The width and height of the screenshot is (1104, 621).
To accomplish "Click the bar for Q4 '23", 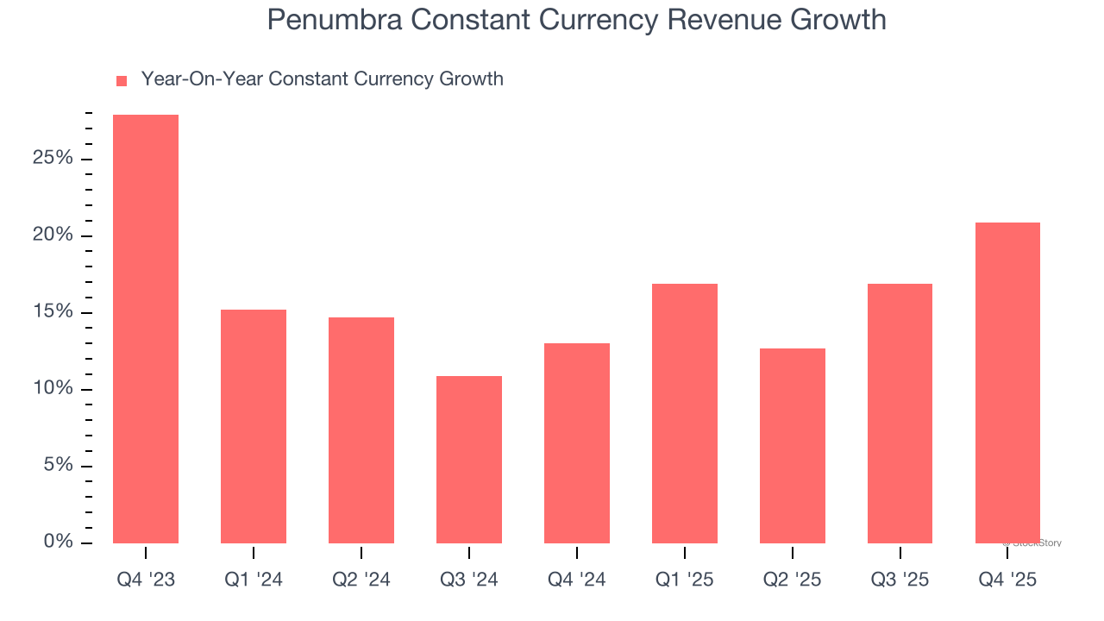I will tap(146, 329).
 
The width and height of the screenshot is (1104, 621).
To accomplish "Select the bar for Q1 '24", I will tap(254, 426).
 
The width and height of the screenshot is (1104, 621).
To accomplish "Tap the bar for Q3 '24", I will tap(469, 460).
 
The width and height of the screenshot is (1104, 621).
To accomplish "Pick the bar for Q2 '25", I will tap(793, 446).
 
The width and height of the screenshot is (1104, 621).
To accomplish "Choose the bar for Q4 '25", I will tap(1007, 383).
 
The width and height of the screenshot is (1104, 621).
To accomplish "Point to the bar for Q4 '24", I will tap(577, 443).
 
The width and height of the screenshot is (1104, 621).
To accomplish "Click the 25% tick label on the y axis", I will tap(53, 159).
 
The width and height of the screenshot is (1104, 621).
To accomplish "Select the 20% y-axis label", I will tap(53, 235).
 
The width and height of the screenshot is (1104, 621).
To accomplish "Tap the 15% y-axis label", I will tap(53, 312).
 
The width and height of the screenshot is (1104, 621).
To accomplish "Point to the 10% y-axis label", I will tap(53, 389).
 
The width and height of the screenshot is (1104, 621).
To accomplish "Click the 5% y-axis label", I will tap(58, 466).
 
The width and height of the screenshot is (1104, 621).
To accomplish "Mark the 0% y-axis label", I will tap(58, 542).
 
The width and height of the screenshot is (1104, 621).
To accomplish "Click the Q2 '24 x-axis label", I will tap(361, 580).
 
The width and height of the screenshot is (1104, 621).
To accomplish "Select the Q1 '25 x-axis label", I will tap(685, 580).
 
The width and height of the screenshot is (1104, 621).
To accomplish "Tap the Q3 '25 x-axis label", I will tap(900, 580).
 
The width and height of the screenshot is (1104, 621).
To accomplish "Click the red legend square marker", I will tap(122, 81).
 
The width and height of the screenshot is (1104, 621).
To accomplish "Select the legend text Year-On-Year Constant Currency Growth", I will tap(322, 79).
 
